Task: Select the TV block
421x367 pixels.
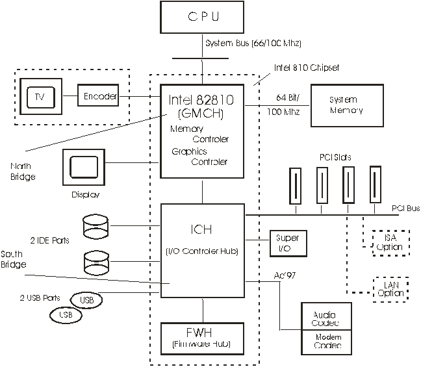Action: click(x=40, y=97)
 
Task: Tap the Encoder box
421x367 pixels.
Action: click(x=99, y=97)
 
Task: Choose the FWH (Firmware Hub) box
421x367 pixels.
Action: click(x=202, y=338)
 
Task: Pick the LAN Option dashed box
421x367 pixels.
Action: click(x=390, y=289)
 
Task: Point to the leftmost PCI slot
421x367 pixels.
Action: click(x=296, y=186)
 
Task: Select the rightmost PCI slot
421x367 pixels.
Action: click(x=375, y=185)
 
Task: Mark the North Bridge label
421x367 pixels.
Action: click(x=23, y=173)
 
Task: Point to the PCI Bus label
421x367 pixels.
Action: click(x=405, y=209)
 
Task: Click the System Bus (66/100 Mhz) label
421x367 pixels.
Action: click(x=253, y=43)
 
